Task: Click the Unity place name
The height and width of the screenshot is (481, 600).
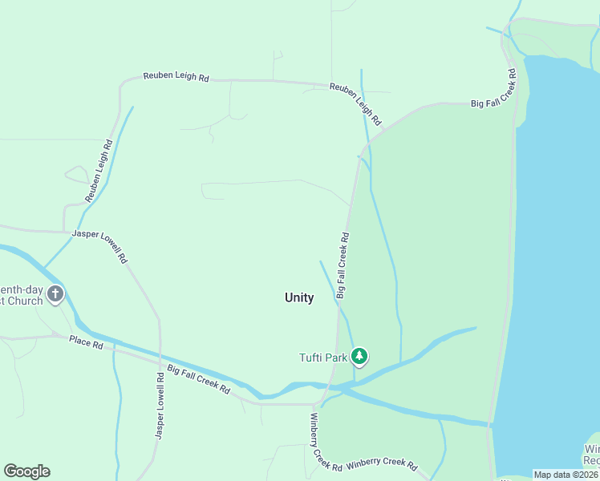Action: pyautogui.click(x=299, y=297)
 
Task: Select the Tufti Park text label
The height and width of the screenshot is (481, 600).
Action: pyautogui.click(x=323, y=358)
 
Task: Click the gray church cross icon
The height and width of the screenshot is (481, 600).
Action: pyautogui.click(x=55, y=294)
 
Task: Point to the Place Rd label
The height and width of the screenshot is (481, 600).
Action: pyautogui.click(x=86, y=342)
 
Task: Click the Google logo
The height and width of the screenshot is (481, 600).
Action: pyautogui.click(x=26, y=471)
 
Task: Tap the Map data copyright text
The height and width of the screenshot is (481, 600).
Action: pyautogui.click(x=566, y=475)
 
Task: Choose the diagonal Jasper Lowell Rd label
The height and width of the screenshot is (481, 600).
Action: pyautogui.click(x=100, y=247)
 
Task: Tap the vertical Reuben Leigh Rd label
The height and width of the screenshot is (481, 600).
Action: pyautogui.click(x=99, y=171)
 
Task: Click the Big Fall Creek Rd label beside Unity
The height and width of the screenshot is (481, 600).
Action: pyautogui.click(x=343, y=266)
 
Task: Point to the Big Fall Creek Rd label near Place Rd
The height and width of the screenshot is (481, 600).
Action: pyautogui.click(x=199, y=379)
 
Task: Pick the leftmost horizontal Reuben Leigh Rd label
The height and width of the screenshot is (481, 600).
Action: pyautogui.click(x=176, y=77)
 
